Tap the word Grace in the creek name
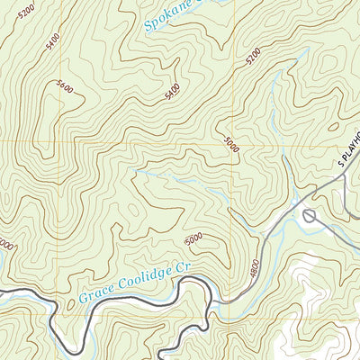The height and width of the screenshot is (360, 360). click(95, 293)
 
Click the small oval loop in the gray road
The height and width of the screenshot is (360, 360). click(310, 215)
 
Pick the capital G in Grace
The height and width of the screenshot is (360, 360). click(83, 297)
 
